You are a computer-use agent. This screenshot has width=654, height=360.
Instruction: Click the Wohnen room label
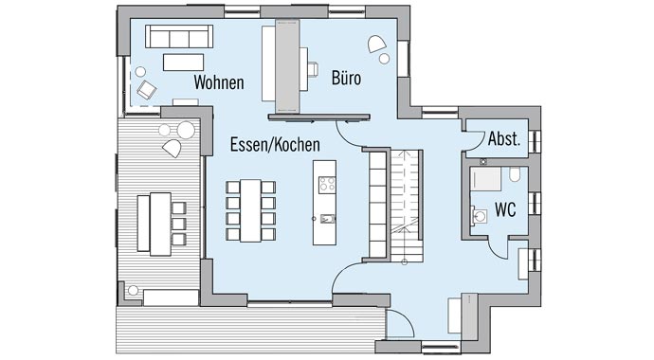[x=219, y=82]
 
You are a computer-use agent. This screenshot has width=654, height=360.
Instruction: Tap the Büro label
[x=348, y=78]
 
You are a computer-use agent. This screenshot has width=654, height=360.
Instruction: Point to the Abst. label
[x=504, y=139]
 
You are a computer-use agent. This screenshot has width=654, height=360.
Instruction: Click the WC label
[x=505, y=209]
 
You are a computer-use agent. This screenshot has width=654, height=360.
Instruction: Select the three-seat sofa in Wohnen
[x=177, y=36]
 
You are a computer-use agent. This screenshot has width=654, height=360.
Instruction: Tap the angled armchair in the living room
[x=147, y=89]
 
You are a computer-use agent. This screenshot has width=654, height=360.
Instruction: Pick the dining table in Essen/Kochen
[x=250, y=208]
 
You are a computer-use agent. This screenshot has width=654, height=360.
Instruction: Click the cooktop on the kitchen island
[x=326, y=182]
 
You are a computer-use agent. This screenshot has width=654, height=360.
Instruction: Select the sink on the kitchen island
[x=326, y=218]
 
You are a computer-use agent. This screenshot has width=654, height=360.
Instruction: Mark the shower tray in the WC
[x=486, y=180]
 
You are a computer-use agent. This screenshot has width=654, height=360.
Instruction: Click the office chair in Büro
[x=312, y=68]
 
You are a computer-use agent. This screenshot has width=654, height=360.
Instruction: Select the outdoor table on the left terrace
[x=154, y=223]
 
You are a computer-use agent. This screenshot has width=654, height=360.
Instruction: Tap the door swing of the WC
[x=498, y=242]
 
